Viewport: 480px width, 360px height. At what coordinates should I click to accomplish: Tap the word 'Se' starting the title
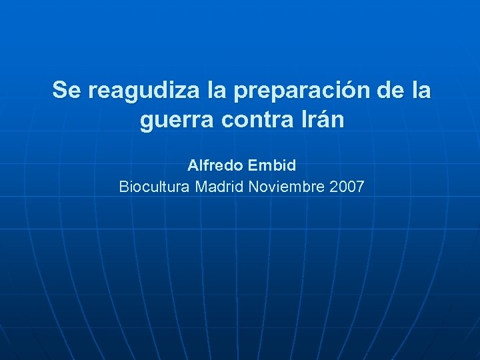[65, 90]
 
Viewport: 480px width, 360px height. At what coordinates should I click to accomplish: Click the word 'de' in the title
[387, 90]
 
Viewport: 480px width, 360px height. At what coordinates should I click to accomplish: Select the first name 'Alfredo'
[211, 164]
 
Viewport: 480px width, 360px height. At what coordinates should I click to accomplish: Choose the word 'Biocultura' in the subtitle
[154, 187]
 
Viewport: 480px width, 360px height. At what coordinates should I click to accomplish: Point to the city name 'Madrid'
[219, 187]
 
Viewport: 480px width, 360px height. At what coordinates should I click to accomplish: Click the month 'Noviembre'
[286, 187]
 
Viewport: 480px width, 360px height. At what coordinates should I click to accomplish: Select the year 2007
[347, 187]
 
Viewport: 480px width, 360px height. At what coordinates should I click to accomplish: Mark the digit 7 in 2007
[360, 187]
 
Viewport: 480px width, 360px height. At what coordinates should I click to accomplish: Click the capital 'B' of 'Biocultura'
[123, 187]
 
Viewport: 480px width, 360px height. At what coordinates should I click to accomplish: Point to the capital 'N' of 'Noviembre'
[253, 187]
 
